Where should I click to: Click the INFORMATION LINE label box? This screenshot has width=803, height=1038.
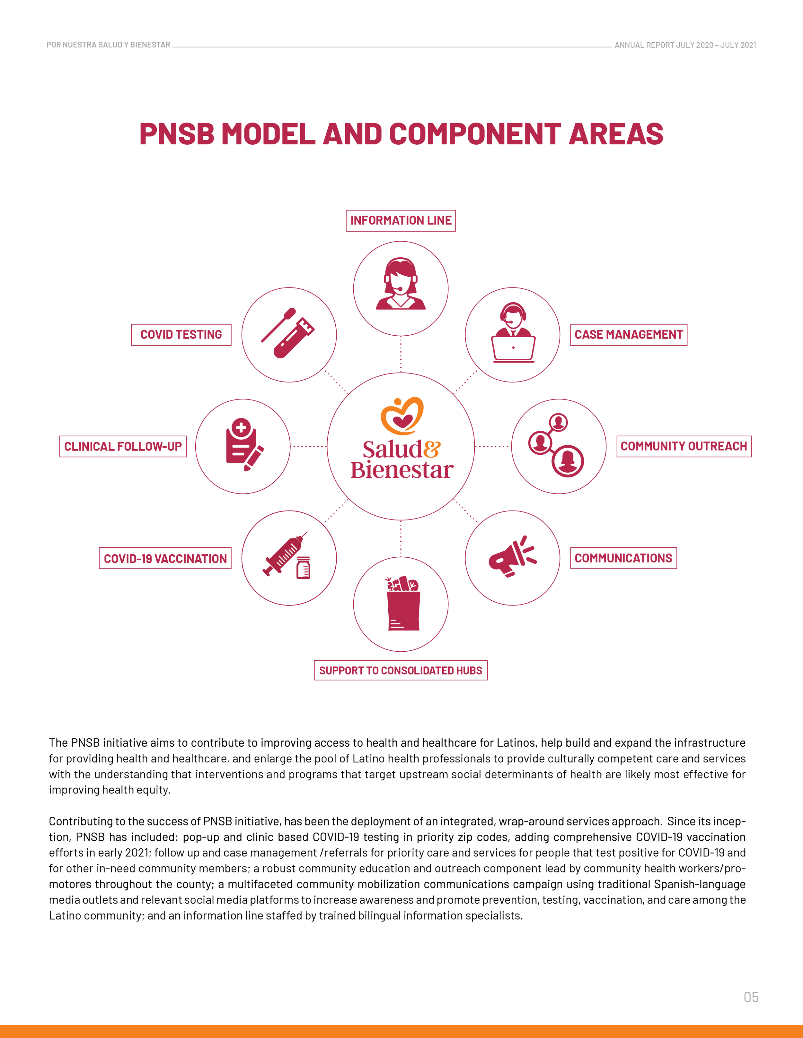401,220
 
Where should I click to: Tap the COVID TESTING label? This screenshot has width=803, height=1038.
181,335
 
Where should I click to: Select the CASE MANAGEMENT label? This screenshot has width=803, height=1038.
628,335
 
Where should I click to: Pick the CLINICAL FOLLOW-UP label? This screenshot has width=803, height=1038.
123,446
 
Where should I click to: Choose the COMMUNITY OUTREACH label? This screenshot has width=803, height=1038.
684,446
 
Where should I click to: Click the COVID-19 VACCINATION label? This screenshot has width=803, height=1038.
165,558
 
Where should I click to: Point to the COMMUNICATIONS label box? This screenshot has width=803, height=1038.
623,558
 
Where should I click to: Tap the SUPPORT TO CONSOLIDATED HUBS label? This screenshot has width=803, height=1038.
401,670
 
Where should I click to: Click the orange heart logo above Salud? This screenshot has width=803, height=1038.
402,416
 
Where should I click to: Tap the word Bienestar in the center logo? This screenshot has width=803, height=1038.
402,470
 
